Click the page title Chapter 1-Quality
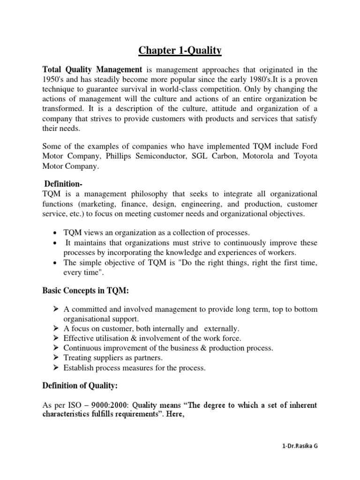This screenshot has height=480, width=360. point(180,51)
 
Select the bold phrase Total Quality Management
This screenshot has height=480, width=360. point(92,70)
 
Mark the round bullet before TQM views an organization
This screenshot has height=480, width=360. point(56,233)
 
